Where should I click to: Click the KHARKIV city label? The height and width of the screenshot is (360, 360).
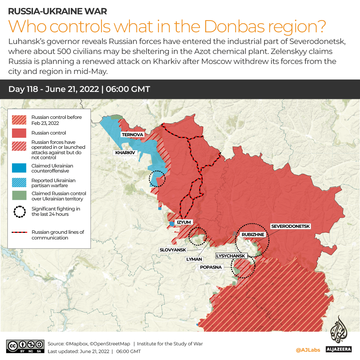pyautogui.click(x=125, y=153)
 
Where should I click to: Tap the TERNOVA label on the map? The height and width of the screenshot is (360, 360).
pyautogui.click(x=133, y=135)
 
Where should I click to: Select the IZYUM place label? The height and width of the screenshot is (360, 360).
pyautogui.click(x=184, y=222)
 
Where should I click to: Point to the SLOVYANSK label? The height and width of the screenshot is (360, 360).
pyautogui.click(x=173, y=250)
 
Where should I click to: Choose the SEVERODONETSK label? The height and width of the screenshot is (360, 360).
pyautogui.click(x=290, y=226)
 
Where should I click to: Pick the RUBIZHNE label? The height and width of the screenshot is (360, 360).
pyautogui.click(x=253, y=234)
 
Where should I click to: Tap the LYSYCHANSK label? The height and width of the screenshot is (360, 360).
pyautogui.click(x=231, y=256)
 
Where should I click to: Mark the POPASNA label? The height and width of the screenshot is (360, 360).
pyautogui.click(x=210, y=267)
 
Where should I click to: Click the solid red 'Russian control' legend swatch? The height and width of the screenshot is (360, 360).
pyautogui.click(x=19, y=133)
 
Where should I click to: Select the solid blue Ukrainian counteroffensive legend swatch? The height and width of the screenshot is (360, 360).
pyautogui.click(x=19, y=168)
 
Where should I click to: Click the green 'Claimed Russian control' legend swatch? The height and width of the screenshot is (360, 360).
pyautogui.click(x=19, y=196)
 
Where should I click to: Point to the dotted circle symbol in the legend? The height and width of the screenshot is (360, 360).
pyautogui.click(x=19, y=211)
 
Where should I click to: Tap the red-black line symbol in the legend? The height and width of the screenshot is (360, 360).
pyautogui.click(x=19, y=232)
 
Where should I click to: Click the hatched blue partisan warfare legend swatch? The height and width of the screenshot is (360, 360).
pyautogui.click(x=19, y=183)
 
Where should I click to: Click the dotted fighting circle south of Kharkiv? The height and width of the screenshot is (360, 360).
pyautogui.click(x=157, y=179)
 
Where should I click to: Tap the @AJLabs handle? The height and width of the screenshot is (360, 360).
pyautogui.click(x=308, y=350)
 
